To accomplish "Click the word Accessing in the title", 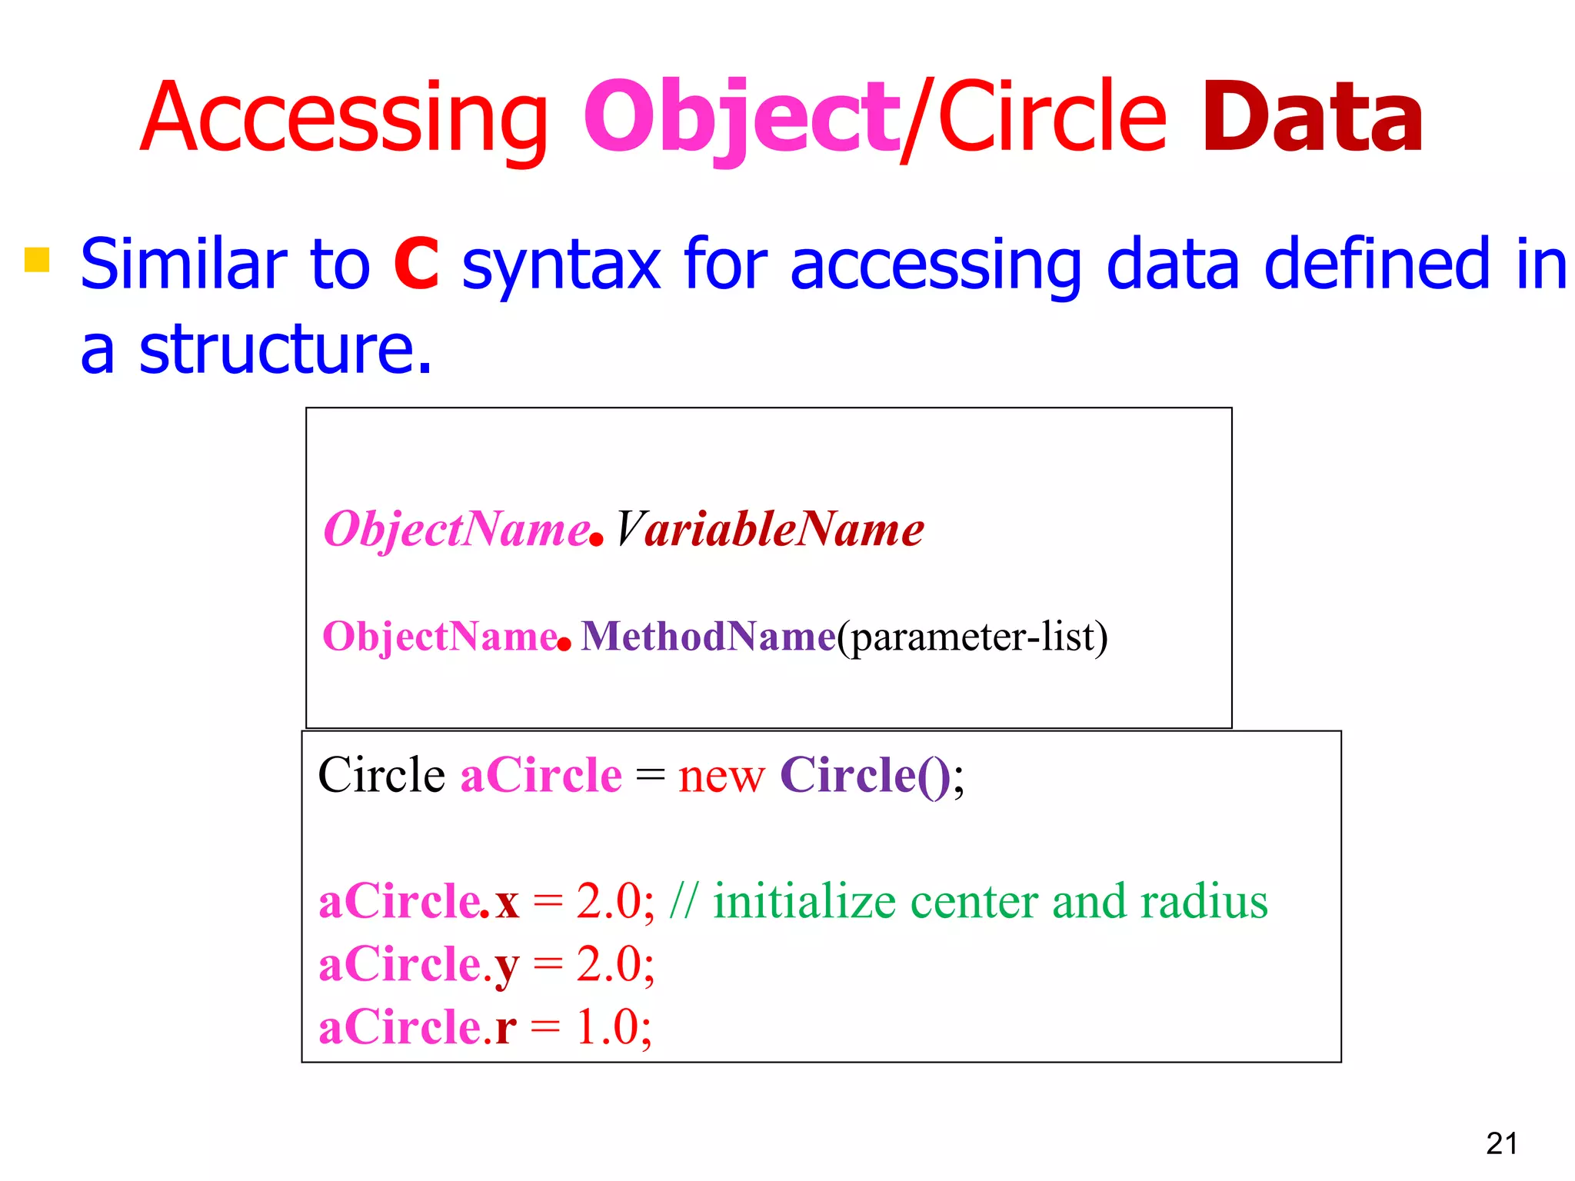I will (x=343, y=119).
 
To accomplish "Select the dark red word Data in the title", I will (x=1312, y=119).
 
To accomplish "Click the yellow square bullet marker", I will (x=37, y=260).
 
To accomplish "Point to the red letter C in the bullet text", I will (x=416, y=264).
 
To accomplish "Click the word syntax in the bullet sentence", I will (x=561, y=265).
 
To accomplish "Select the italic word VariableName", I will (x=769, y=530).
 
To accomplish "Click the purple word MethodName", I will (x=708, y=637).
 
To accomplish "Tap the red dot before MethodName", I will (x=564, y=644).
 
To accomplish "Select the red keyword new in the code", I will (x=721, y=776).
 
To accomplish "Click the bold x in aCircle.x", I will (x=507, y=903).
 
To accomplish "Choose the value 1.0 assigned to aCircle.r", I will (x=608, y=1027).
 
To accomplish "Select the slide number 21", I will (x=1501, y=1144).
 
